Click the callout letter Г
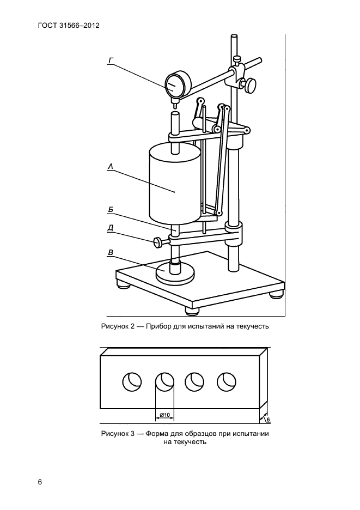(x=111, y=61)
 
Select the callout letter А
(x=111, y=167)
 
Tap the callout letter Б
(x=111, y=210)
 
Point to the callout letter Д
(x=111, y=228)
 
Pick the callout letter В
(x=111, y=252)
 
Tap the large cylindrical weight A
(x=174, y=185)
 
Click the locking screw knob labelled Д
(x=158, y=242)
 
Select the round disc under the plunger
(x=175, y=272)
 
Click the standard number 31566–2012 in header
(x=80, y=26)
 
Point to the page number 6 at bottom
(x=40, y=482)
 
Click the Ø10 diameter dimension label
(x=165, y=415)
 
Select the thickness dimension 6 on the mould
(x=268, y=420)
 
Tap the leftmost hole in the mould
(x=132, y=381)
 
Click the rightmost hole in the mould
(x=227, y=381)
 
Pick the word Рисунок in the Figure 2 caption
(x=115, y=326)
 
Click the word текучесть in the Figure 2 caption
(x=252, y=326)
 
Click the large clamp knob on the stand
(x=251, y=84)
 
